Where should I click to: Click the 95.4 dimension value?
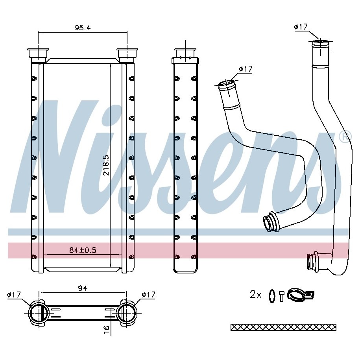(x=82, y=28)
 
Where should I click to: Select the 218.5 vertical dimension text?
(x=106, y=165)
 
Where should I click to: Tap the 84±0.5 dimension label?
(x=83, y=250)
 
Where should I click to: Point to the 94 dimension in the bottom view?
(x=82, y=288)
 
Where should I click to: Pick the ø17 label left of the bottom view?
(x=14, y=294)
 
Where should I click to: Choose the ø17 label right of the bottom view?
(x=149, y=294)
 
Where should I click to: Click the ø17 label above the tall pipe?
(x=301, y=27)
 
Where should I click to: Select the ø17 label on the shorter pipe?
(x=246, y=68)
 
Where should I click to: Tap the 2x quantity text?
(x=255, y=294)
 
